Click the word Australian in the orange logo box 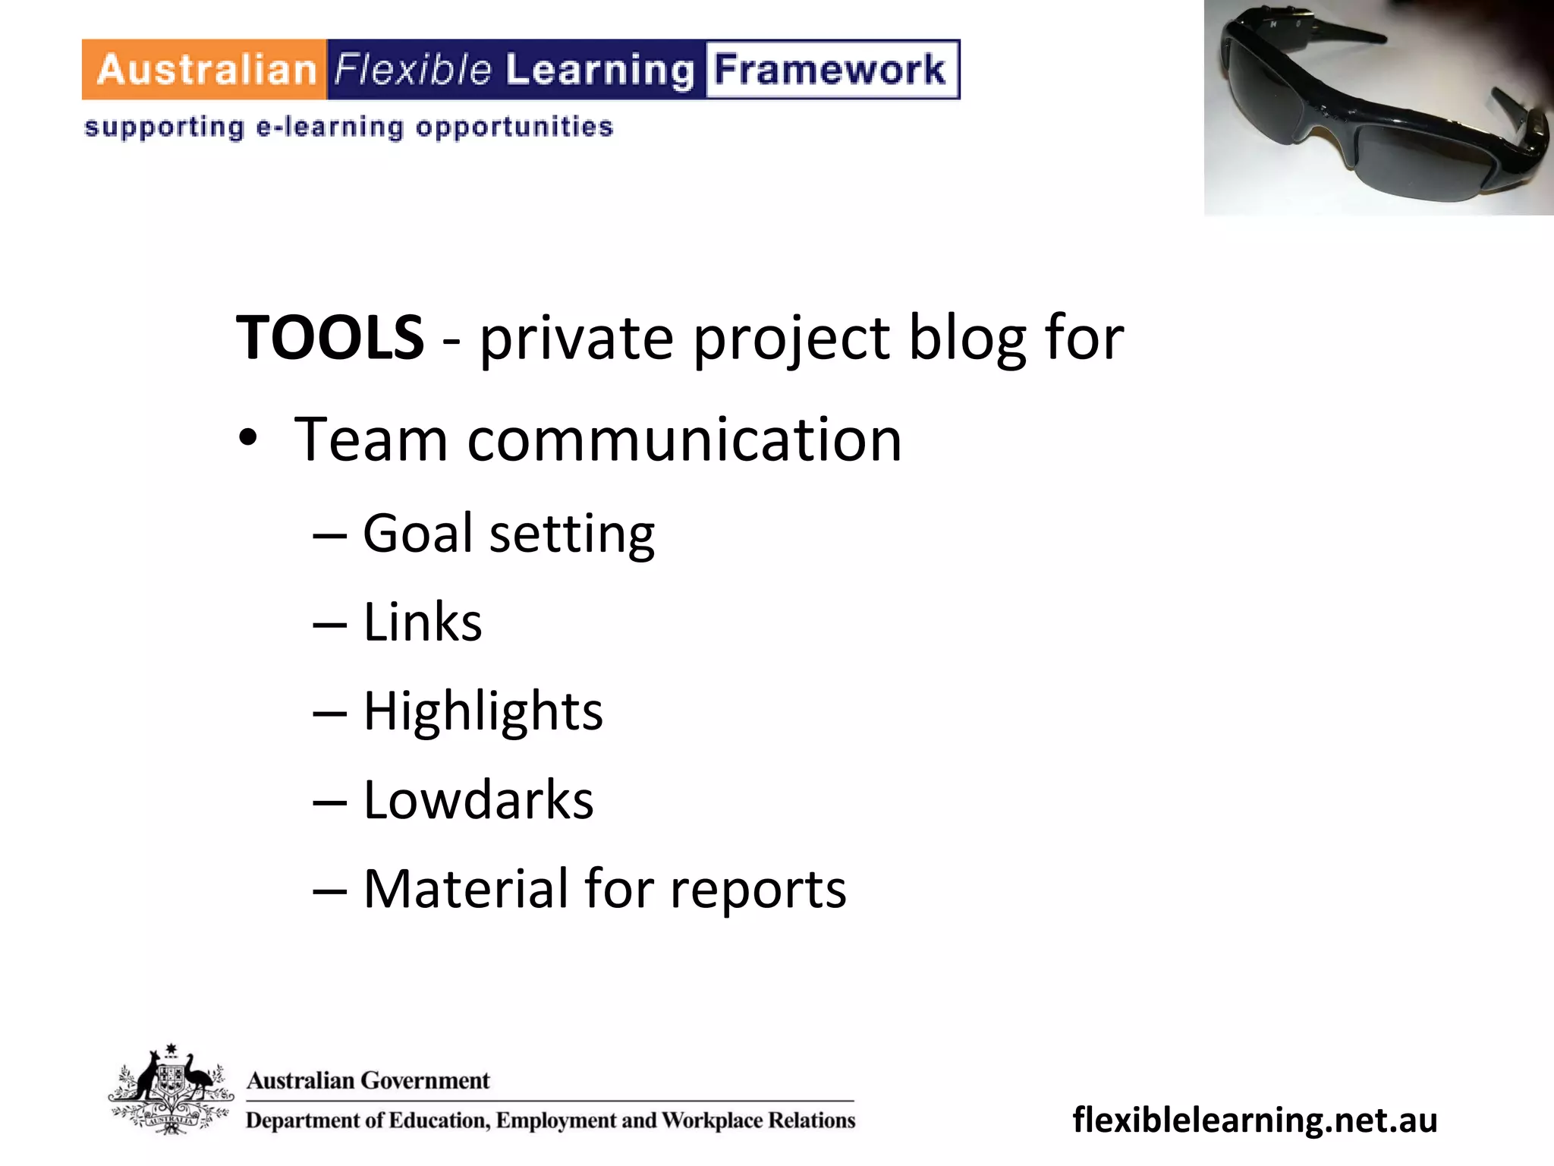click(x=206, y=70)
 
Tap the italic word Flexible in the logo click(x=414, y=70)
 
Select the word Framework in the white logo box click(x=830, y=70)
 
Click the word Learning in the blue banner click(x=599, y=70)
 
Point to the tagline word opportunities click(x=514, y=127)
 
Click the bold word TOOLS click(x=330, y=338)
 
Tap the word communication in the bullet click(x=684, y=440)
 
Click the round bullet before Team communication click(x=248, y=440)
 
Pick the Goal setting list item click(x=508, y=534)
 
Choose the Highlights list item click(x=483, y=711)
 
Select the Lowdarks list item click(x=478, y=800)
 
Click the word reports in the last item click(x=758, y=889)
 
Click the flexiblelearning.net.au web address click(x=1255, y=1120)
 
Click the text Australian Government click(x=369, y=1080)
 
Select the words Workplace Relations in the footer click(x=758, y=1120)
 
